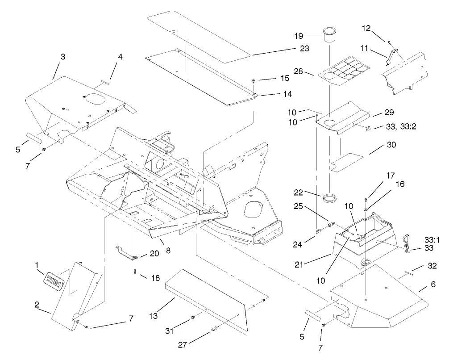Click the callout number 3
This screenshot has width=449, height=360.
(x=63, y=57)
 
